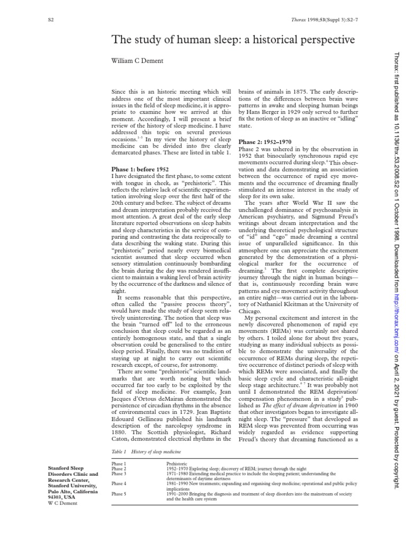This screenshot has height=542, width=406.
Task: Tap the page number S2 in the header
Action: pos(50,20)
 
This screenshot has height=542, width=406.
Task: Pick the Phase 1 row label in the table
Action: pos(119,464)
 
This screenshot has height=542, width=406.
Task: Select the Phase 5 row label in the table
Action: pos(119,494)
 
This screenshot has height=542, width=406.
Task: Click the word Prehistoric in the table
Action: pos(178,464)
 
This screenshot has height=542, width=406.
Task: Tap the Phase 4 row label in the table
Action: pos(119,484)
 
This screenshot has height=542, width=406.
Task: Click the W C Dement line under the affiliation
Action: pos(62,503)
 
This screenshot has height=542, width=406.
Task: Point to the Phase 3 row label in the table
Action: pos(119,474)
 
